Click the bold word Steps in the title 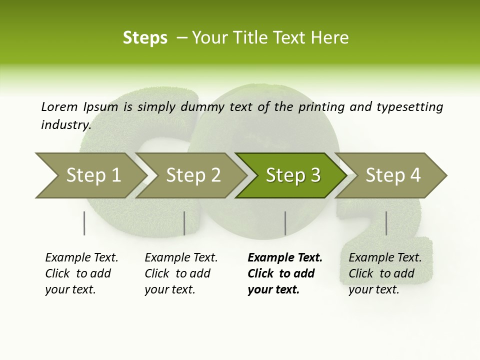click(145, 37)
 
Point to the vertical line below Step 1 click(84, 223)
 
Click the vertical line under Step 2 click(184, 223)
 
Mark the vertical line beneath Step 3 click(285, 223)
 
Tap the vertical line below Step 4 click(386, 223)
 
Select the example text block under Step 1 click(81, 273)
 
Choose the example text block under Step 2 click(181, 273)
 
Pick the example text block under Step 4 click(385, 273)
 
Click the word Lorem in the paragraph click(59, 107)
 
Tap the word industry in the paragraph click(65, 124)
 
